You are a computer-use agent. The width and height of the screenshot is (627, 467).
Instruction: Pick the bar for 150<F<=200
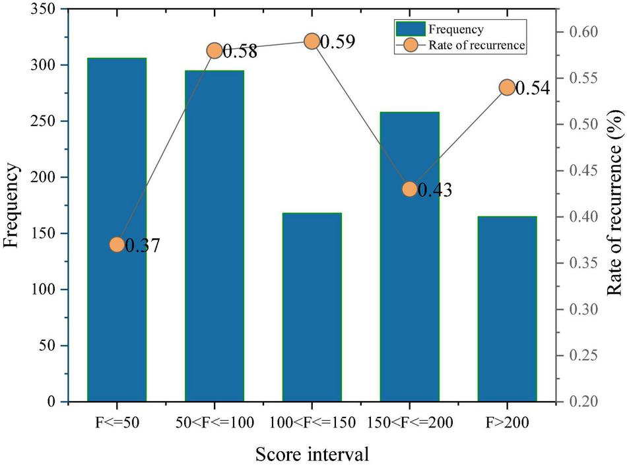(409, 257)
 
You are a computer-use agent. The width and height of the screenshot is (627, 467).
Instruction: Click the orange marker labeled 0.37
(117, 245)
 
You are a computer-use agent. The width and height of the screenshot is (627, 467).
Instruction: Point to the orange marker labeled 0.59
(312, 42)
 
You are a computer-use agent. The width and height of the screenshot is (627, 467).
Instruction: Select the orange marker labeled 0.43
(409, 189)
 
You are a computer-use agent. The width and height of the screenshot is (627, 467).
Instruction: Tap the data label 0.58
(240, 51)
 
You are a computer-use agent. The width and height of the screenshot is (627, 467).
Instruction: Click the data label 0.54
(532, 88)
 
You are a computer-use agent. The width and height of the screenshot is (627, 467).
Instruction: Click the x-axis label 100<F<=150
(312, 422)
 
